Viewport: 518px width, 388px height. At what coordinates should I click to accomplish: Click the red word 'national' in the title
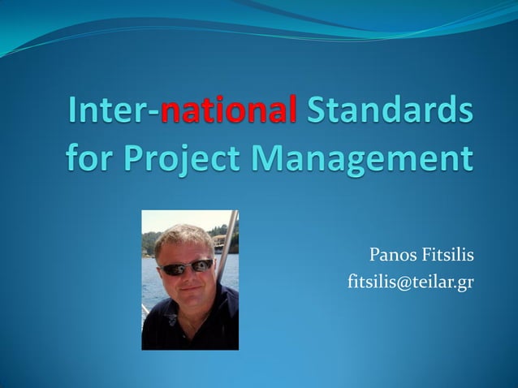coord(228,111)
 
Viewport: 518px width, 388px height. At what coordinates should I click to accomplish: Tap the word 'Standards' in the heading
coord(389,111)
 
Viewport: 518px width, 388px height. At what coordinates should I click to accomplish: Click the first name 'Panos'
coord(393,257)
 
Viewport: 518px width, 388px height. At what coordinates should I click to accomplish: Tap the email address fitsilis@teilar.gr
coord(411,282)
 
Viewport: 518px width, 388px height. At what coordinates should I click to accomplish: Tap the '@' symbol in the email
coord(404,282)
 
